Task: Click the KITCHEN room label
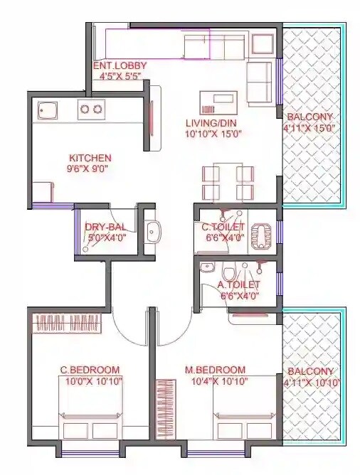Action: [90, 157]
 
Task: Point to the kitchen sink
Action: [48, 110]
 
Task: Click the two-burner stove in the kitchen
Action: [90, 109]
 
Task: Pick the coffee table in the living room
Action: [218, 101]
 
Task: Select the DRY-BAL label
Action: [105, 227]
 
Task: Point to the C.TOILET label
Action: [223, 227]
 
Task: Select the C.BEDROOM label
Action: [89, 370]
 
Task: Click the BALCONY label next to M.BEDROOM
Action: [309, 371]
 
